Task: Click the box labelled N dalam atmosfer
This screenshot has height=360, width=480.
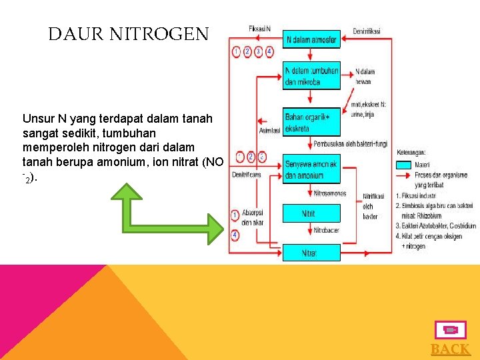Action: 311,39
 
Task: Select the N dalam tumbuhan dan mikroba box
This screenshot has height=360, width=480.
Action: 311,76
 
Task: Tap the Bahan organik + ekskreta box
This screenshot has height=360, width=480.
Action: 311,122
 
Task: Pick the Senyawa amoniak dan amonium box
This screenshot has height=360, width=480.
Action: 311,170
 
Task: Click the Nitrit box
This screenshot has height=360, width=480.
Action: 311,213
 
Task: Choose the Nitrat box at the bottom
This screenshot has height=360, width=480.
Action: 311,253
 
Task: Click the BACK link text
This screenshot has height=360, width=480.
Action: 451,349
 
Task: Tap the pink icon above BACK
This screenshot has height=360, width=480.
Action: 450,330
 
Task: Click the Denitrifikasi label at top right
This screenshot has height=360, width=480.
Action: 367,31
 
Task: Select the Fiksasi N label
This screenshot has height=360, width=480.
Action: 259,29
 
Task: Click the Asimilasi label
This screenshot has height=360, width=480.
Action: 269,131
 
